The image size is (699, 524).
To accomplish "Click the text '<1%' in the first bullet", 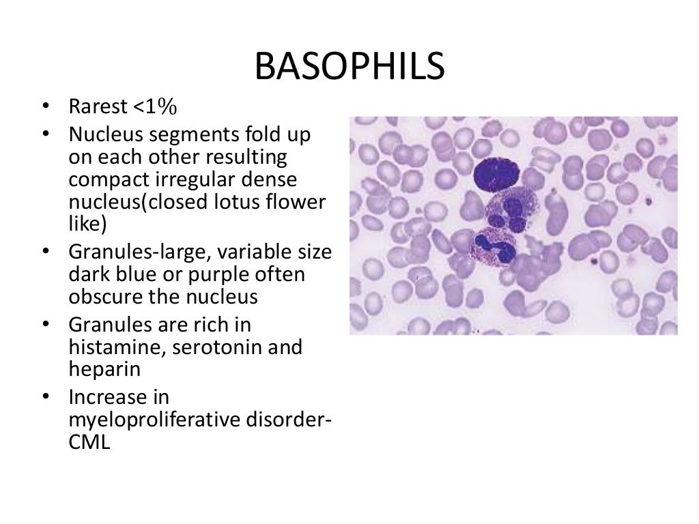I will tap(154, 107).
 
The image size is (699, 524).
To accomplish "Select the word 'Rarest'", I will tap(99, 107).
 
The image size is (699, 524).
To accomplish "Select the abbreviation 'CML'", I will tap(89, 442).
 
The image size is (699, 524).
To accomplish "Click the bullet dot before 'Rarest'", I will tap(45, 108).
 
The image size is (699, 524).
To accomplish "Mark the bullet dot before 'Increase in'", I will tap(45, 397).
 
